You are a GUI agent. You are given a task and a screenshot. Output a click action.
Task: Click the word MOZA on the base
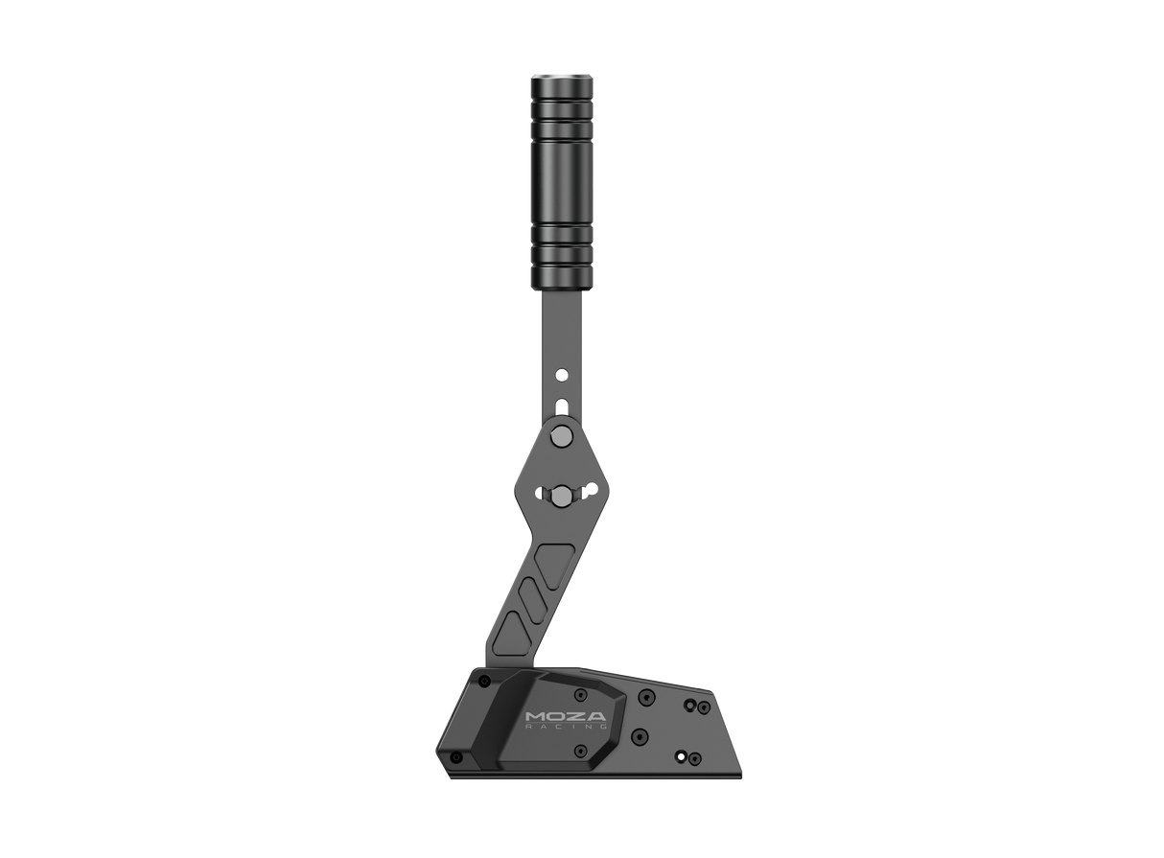click(x=567, y=715)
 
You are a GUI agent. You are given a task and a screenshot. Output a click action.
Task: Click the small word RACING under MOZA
click(x=567, y=728)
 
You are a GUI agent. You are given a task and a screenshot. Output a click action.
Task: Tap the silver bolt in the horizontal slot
click(x=559, y=495)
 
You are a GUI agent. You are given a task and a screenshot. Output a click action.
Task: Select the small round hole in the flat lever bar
click(x=563, y=369)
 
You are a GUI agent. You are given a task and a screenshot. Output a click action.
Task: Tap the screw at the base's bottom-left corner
click(x=457, y=757)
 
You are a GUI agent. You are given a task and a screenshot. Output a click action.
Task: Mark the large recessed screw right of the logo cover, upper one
click(x=646, y=696)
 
